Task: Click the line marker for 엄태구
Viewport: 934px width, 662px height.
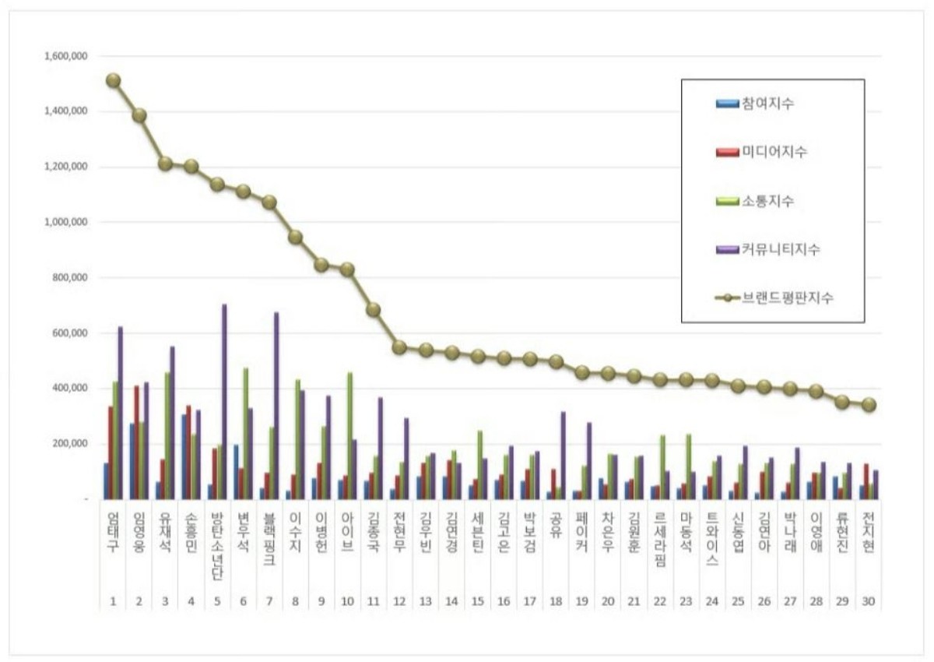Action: [x=114, y=80]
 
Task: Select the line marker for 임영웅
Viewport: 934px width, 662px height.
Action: [x=139, y=115]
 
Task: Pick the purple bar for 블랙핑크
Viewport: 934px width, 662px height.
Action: [x=276, y=405]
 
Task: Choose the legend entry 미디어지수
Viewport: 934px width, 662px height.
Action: [x=770, y=152]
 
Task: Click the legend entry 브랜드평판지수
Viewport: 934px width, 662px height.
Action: [x=783, y=298]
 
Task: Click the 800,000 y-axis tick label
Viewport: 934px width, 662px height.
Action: [x=70, y=277]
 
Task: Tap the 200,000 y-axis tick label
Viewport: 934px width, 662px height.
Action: [x=70, y=443]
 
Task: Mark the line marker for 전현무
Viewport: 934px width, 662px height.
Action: [x=400, y=347]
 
